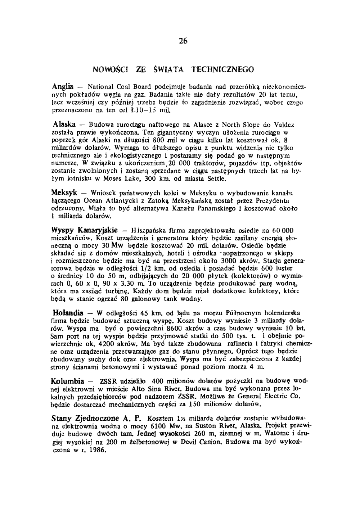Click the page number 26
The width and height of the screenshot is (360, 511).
click(183, 41)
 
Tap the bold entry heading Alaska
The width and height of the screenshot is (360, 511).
click(64, 125)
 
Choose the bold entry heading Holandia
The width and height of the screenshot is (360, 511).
click(68, 312)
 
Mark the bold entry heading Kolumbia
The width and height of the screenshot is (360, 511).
click(68, 381)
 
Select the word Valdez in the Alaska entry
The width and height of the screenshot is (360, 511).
click(284, 125)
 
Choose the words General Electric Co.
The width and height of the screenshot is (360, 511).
click(273, 397)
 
